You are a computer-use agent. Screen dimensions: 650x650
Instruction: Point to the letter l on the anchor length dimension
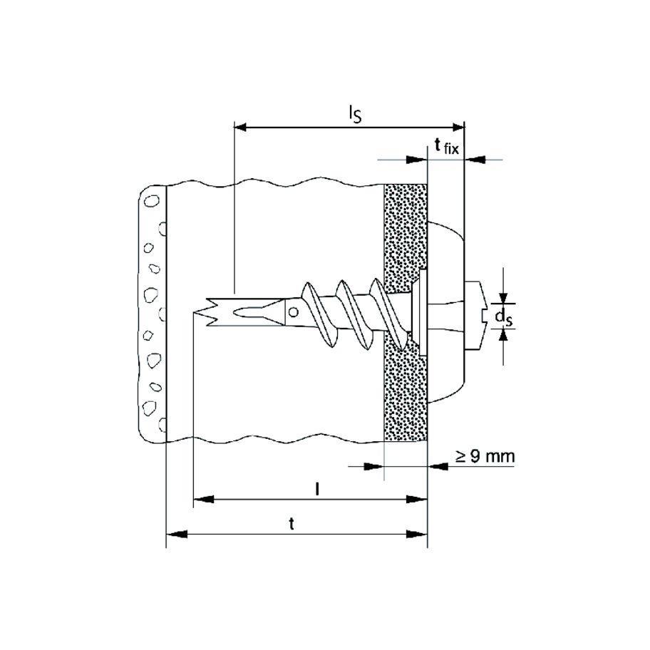coord(316,490)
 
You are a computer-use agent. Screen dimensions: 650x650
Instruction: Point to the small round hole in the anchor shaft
coord(293,311)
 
